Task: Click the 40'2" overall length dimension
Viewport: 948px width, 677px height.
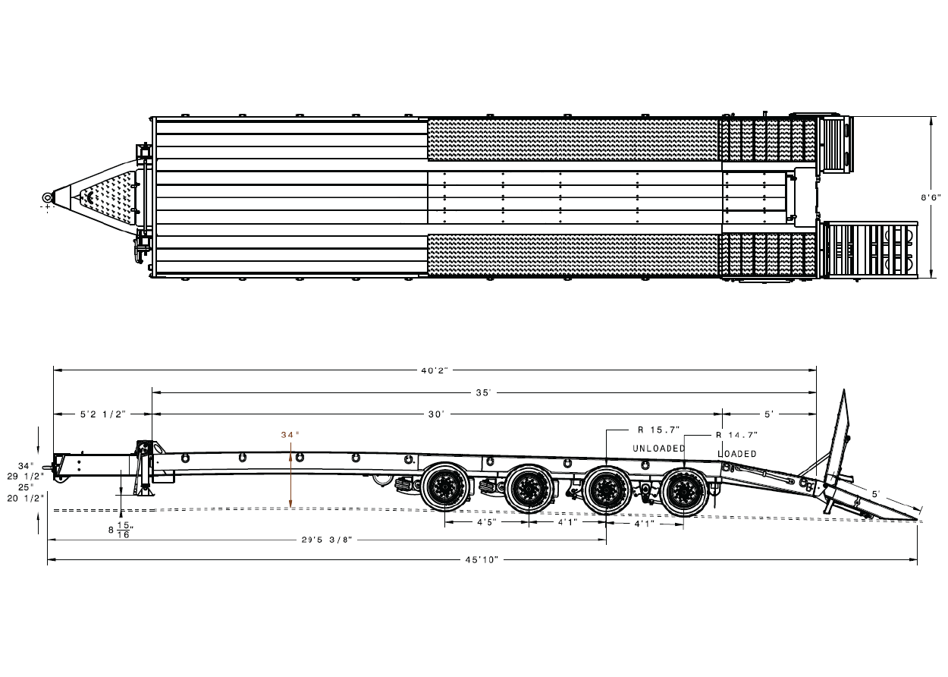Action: pos(435,370)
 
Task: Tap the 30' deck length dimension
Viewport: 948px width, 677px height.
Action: pos(436,414)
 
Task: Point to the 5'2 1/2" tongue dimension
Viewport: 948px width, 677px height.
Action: pos(102,414)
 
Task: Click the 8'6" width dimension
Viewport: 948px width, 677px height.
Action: pos(931,197)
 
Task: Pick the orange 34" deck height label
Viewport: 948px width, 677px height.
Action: pos(290,435)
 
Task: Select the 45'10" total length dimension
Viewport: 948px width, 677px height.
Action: pos(482,560)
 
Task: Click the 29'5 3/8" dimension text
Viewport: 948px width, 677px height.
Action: pos(326,540)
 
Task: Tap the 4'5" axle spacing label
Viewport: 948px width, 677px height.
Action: pos(486,523)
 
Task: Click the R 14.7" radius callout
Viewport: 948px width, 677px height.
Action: pos(736,436)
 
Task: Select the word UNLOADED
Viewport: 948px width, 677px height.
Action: pos(658,449)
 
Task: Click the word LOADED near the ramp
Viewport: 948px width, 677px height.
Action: pos(736,454)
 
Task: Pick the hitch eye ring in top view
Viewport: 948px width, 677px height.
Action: pos(48,198)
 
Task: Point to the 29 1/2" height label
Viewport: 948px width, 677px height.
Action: pos(27,476)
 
